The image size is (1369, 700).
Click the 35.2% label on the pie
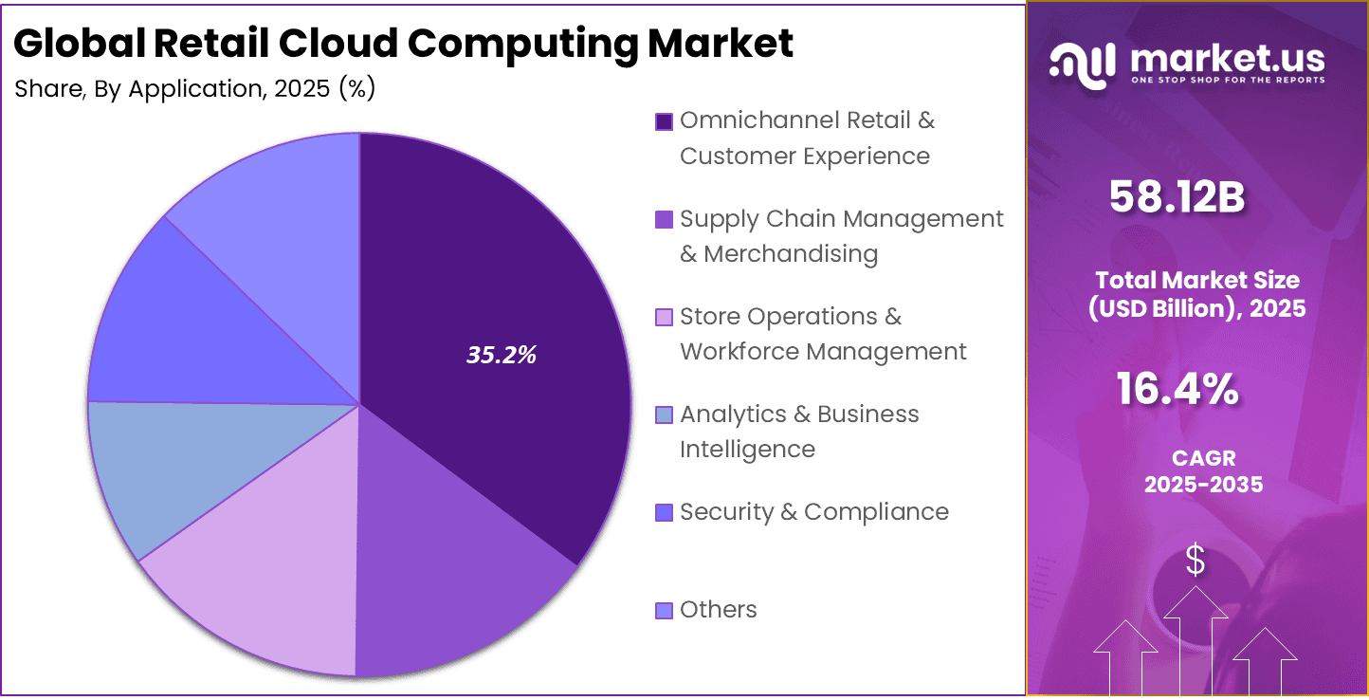[x=502, y=355]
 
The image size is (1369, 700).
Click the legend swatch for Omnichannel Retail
[x=664, y=121]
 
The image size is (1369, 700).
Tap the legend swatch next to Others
[x=664, y=610]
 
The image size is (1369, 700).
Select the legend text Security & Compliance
[x=813, y=512]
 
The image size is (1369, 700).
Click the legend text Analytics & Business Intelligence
[x=798, y=432]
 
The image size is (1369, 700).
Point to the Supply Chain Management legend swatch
[x=664, y=219]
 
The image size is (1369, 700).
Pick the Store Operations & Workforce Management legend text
[x=822, y=334]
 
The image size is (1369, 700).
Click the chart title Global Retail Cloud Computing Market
[x=404, y=44]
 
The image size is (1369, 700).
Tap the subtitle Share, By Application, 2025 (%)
[x=195, y=89]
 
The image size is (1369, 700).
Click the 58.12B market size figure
[x=1177, y=196]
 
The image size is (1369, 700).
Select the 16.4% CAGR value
[x=1177, y=389]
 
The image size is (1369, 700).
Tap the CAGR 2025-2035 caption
[x=1203, y=471]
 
